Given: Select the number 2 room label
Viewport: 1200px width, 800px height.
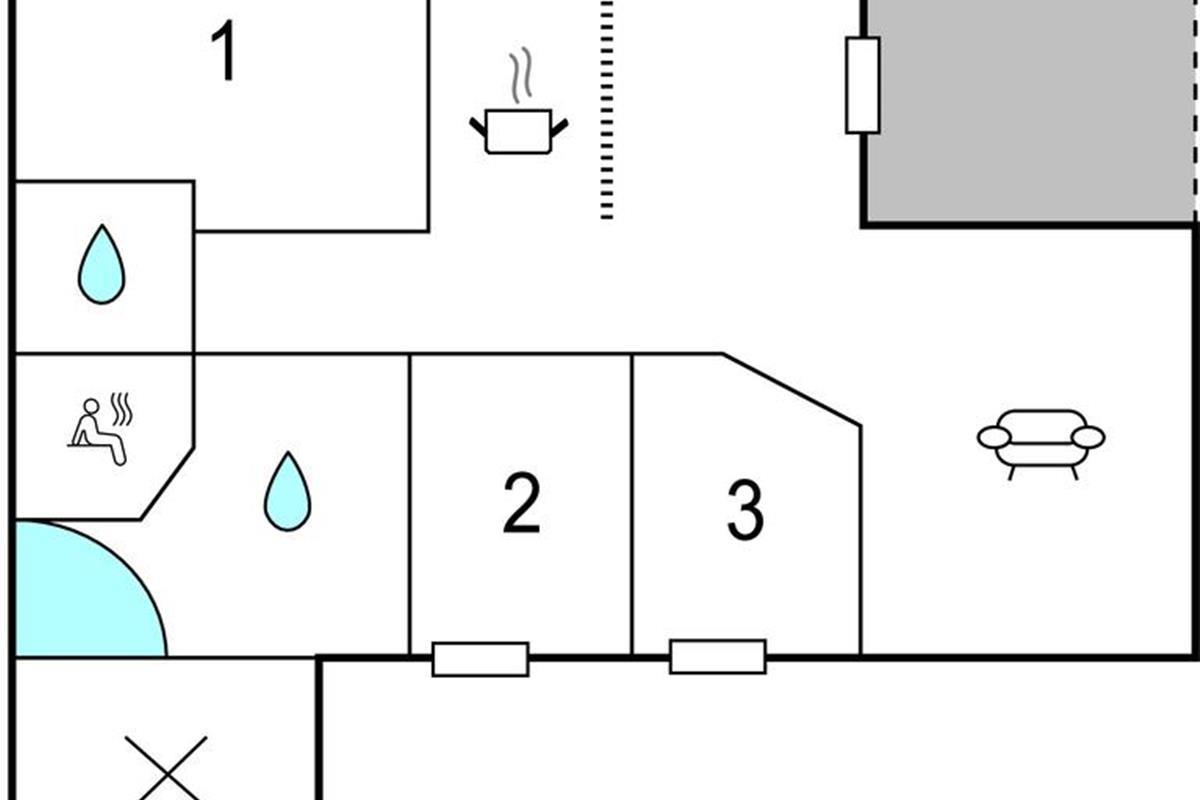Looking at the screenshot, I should tap(521, 504).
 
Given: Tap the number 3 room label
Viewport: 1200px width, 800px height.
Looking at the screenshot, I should tap(745, 511).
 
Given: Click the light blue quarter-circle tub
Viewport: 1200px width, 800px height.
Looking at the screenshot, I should tap(80, 595).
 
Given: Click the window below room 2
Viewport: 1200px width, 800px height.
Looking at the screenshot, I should tap(480, 659).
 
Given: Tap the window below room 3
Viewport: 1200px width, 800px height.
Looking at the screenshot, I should tap(717, 656).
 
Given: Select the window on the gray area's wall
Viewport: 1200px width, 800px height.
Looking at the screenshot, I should tap(862, 85).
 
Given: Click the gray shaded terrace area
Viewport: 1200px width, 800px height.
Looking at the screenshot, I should tap(1030, 110).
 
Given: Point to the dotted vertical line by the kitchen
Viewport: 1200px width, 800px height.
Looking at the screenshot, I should tap(607, 110).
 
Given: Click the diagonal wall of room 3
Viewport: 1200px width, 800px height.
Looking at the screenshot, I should tap(792, 390).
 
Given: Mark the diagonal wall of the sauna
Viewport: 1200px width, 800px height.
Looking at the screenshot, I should tap(168, 486).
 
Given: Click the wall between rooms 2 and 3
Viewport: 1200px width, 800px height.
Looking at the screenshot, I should tap(632, 505).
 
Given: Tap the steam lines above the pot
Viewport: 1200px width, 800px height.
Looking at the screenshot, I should tap(518, 78).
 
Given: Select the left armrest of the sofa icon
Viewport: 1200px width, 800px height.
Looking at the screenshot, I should tap(994, 437).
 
